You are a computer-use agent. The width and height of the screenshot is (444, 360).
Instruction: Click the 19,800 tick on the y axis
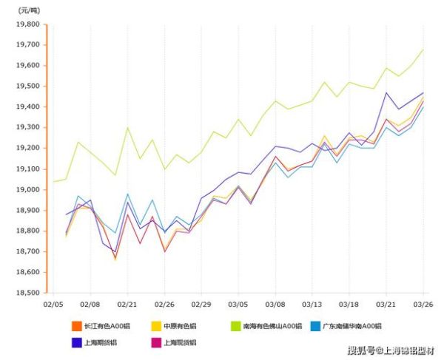click(x=27, y=24)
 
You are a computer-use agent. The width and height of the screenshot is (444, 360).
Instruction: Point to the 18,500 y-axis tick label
click(x=27, y=293)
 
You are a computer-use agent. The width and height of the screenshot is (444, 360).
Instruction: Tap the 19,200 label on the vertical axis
click(x=27, y=149)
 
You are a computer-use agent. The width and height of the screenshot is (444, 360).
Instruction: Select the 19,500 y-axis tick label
click(x=27, y=86)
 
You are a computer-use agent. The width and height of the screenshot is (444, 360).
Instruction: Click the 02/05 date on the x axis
click(x=53, y=304)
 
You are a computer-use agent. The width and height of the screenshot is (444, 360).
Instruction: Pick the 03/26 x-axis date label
click(x=422, y=304)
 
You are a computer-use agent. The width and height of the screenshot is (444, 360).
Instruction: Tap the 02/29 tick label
click(x=200, y=304)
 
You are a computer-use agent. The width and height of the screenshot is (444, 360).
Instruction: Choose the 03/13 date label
click(x=311, y=304)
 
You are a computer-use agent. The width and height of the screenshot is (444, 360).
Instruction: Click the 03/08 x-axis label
click(x=274, y=304)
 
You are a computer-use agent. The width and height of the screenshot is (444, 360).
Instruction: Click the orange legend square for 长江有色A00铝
click(x=75, y=325)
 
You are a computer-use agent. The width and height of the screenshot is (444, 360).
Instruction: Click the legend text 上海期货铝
click(x=101, y=342)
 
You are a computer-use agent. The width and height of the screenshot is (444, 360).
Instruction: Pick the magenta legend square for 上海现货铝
click(x=156, y=342)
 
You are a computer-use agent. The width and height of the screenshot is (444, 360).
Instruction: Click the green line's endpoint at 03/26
click(x=423, y=50)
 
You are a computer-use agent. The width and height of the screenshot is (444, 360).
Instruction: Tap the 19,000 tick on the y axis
click(x=27, y=190)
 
